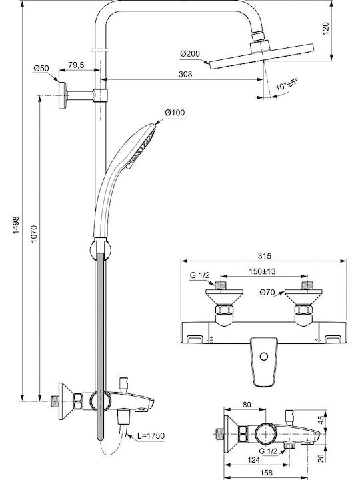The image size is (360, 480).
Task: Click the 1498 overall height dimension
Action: click(15, 225)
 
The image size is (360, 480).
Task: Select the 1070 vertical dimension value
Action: click(33, 234)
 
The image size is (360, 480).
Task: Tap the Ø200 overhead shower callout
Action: click(190, 54)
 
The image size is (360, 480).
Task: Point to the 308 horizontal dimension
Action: click(185, 74)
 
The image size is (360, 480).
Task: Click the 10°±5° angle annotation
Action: click(287, 84)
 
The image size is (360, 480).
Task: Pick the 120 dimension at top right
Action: click(326, 28)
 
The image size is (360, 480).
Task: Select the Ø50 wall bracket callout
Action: click(41, 68)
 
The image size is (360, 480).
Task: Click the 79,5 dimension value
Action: click(76, 65)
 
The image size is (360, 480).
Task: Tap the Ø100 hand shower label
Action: click(175, 113)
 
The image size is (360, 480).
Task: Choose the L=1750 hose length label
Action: click(151, 435)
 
